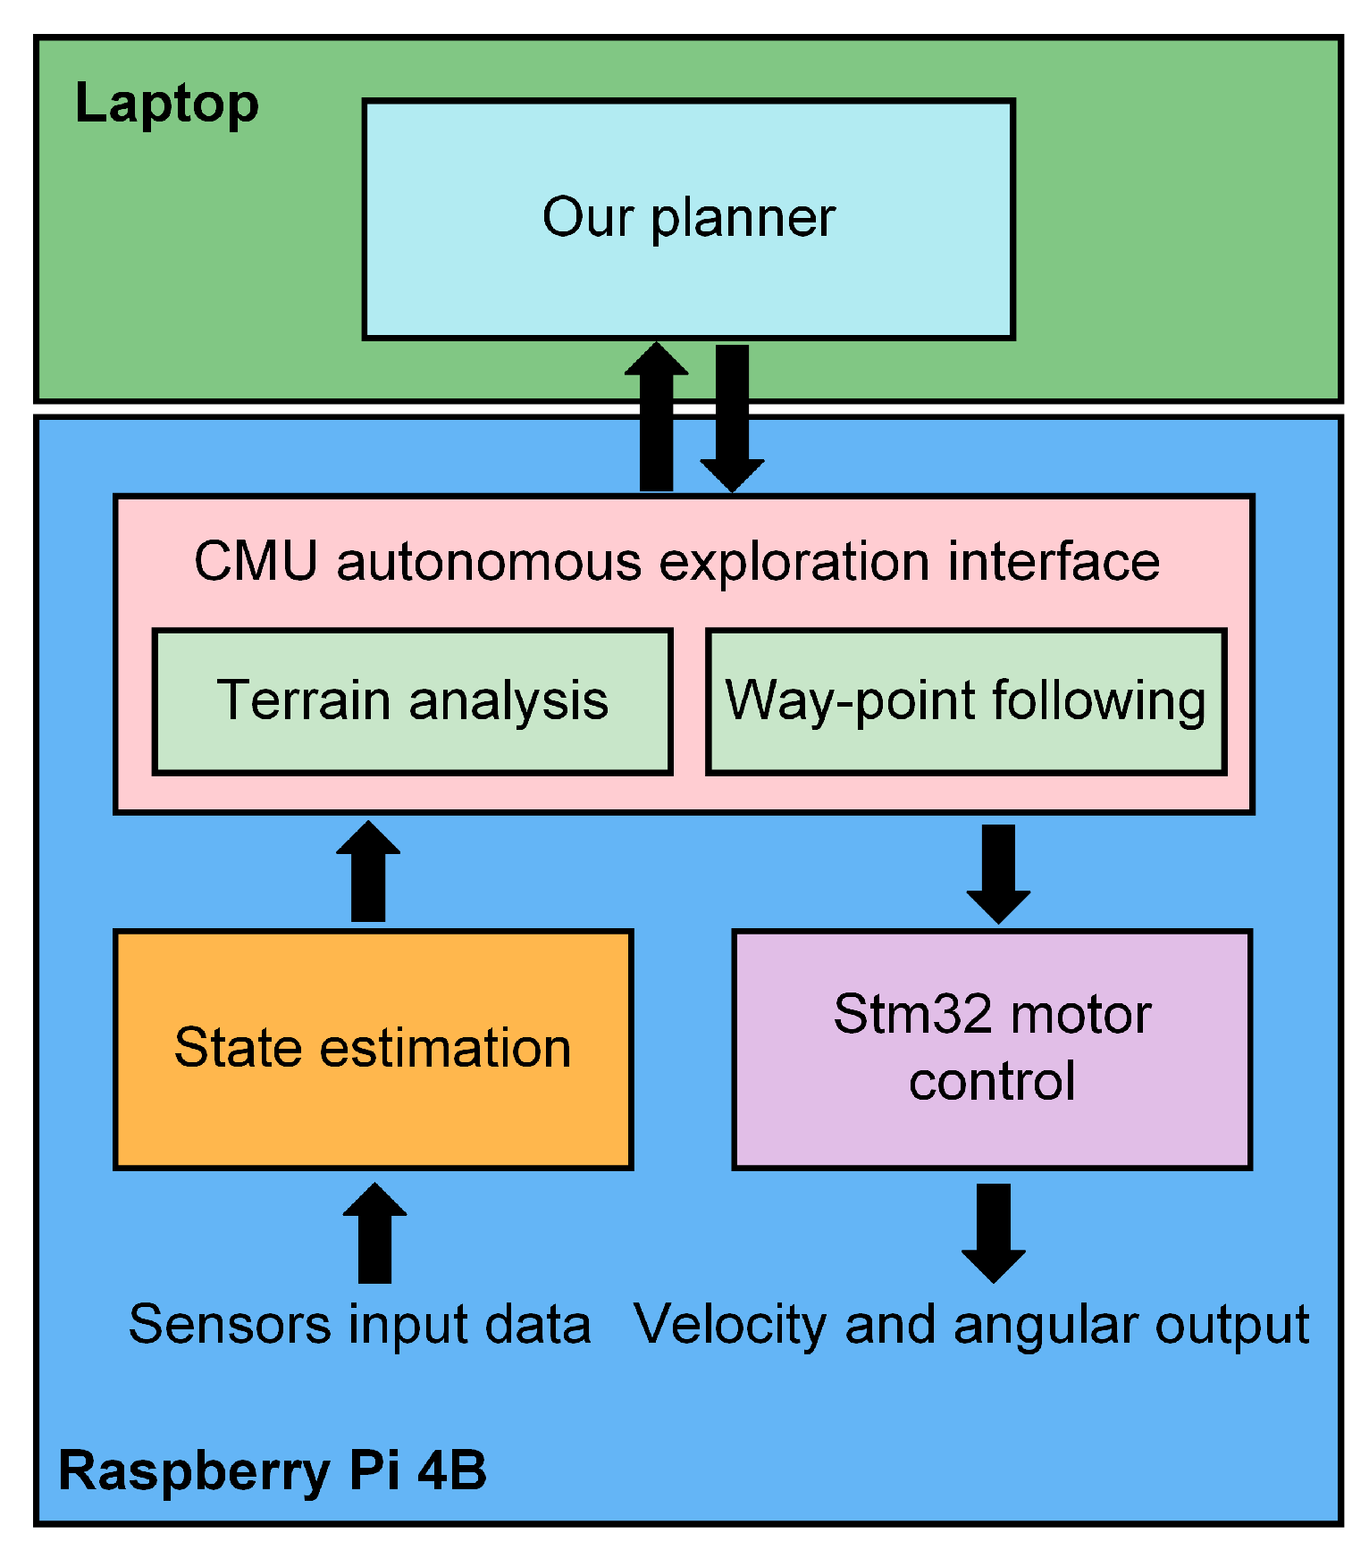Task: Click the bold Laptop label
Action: (166, 104)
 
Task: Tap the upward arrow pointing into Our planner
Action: (656, 418)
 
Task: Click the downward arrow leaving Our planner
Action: (732, 418)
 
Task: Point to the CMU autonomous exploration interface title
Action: (676, 561)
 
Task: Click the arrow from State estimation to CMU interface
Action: (368, 872)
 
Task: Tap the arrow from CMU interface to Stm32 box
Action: (998, 872)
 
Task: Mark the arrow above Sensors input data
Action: (374, 1234)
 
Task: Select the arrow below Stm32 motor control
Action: (993, 1234)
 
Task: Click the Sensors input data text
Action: (359, 1325)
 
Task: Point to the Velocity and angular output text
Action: (970, 1325)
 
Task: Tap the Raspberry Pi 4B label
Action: (273, 1470)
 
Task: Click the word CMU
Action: (256, 561)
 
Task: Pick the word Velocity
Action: (729, 1325)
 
